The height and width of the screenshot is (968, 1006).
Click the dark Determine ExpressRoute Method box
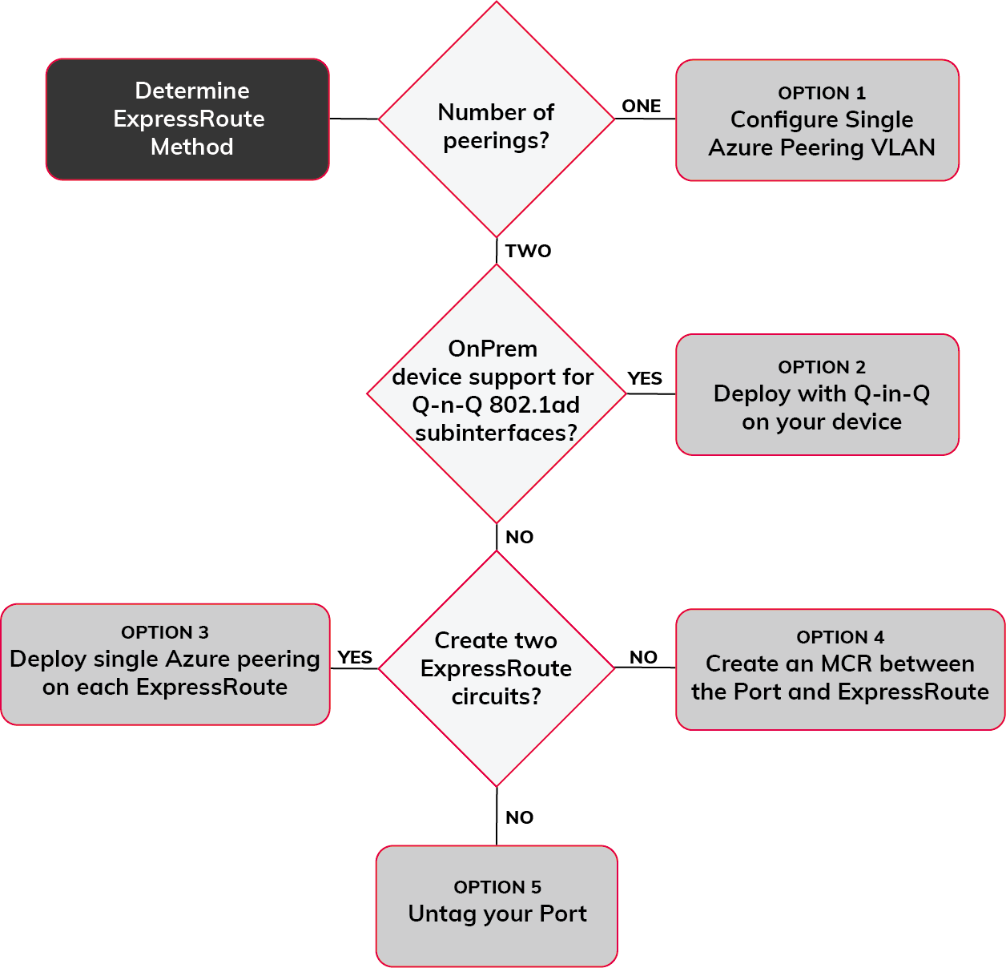point(187,119)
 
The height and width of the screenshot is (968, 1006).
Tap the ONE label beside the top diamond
point(641,106)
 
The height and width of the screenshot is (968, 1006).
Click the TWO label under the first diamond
point(528,251)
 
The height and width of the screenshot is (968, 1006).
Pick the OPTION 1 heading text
point(821,93)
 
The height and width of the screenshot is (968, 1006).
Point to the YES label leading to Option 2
point(644,378)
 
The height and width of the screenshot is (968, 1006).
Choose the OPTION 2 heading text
point(821,367)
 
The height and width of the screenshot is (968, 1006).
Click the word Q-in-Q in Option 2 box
point(891,393)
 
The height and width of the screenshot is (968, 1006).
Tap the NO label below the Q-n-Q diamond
point(519,537)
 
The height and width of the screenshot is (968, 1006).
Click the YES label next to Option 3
point(355,657)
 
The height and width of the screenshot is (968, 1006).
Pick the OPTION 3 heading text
point(164,632)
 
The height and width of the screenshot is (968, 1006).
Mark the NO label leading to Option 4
point(643,657)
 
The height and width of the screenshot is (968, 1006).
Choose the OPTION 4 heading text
point(839,637)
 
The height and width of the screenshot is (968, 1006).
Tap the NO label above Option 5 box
point(519,817)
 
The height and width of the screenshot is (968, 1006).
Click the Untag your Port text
point(497,914)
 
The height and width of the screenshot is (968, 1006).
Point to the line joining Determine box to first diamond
point(353,119)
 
